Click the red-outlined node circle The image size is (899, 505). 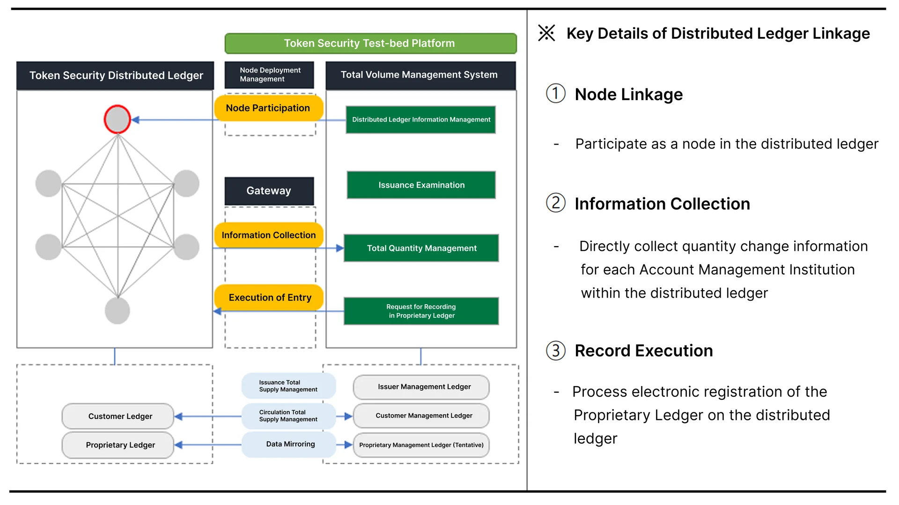click(x=117, y=119)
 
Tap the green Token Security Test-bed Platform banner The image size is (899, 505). click(x=370, y=44)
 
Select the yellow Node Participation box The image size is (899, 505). click(x=268, y=108)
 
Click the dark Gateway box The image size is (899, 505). click(x=269, y=191)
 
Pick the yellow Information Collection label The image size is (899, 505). click(x=269, y=235)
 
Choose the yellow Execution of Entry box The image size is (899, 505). click(x=269, y=298)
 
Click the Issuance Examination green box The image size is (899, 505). click(x=421, y=185)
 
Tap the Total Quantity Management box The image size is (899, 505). click(x=421, y=248)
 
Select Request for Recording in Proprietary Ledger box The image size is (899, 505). click(x=421, y=311)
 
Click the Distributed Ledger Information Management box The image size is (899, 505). click(x=421, y=120)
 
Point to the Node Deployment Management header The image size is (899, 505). click(x=269, y=75)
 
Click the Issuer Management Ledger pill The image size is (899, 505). click(x=421, y=387)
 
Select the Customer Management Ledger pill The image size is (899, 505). click(x=421, y=416)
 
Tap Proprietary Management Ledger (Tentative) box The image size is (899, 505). click(x=421, y=445)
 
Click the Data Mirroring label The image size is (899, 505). click(x=290, y=444)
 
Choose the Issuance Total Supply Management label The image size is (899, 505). click(x=288, y=386)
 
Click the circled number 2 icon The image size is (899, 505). click(x=556, y=203)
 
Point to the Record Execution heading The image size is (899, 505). click(x=644, y=351)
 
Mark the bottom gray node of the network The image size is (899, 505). click(x=117, y=311)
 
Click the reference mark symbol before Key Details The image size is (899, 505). click(x=546, y=33)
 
